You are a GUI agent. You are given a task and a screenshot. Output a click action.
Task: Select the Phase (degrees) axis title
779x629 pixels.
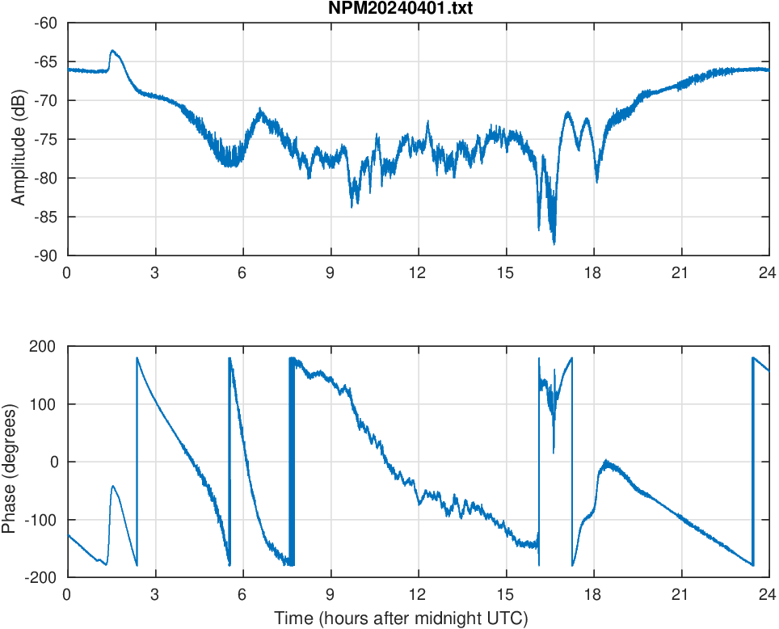tap(10, 462)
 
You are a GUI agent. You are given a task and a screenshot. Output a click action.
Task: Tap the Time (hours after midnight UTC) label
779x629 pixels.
tap(401, 619)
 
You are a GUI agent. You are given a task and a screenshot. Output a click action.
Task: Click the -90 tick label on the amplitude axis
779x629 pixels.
tap(45, 255)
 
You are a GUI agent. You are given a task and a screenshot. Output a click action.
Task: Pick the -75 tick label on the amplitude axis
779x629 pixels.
tap(45, 139)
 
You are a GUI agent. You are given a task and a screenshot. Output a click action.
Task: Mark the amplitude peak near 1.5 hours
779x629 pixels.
tap(112, 51)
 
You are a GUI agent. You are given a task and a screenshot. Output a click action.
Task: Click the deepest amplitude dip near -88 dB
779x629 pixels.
tap(554, 243)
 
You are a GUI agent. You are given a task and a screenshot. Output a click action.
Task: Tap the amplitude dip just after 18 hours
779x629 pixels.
tap(597, 181)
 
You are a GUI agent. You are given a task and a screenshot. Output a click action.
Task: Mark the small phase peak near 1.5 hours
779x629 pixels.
tap(113, 486)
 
